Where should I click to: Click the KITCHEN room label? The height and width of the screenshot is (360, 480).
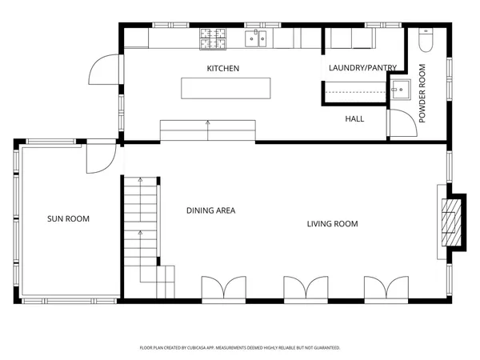coord(223,68)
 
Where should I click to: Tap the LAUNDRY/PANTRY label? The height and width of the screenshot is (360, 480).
coord(362,68)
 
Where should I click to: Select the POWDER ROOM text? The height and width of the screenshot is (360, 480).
coord(422,94)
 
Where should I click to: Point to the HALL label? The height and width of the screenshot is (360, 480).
coord(354,118)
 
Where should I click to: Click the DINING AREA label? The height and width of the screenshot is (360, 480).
coord(211,210)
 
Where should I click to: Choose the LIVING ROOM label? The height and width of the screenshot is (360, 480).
coord(333,224)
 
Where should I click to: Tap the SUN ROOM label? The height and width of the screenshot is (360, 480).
coord(68,218)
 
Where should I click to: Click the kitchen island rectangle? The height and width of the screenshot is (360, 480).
coord(226,88)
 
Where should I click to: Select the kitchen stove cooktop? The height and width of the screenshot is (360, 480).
coord(213,39)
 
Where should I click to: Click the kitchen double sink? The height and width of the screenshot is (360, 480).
coord(256,39)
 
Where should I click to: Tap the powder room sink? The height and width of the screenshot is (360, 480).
coord(401,90)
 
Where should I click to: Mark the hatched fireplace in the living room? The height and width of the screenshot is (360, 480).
coord(451,222)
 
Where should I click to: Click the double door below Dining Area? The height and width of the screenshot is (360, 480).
coord(224,287)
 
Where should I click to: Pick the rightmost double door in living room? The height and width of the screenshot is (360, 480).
coord(386,287)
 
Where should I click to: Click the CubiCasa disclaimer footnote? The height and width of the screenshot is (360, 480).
coord(240,348)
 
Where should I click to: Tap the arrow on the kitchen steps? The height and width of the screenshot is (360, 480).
coord(208,130)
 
